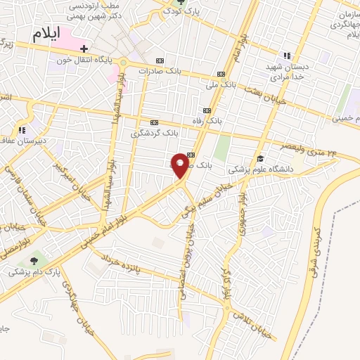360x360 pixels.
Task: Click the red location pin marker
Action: (181, 165)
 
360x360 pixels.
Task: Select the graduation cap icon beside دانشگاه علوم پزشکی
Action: (260, 158)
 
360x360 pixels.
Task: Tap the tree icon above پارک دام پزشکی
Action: (34, 260)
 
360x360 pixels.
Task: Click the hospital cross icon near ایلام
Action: (84, 49)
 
